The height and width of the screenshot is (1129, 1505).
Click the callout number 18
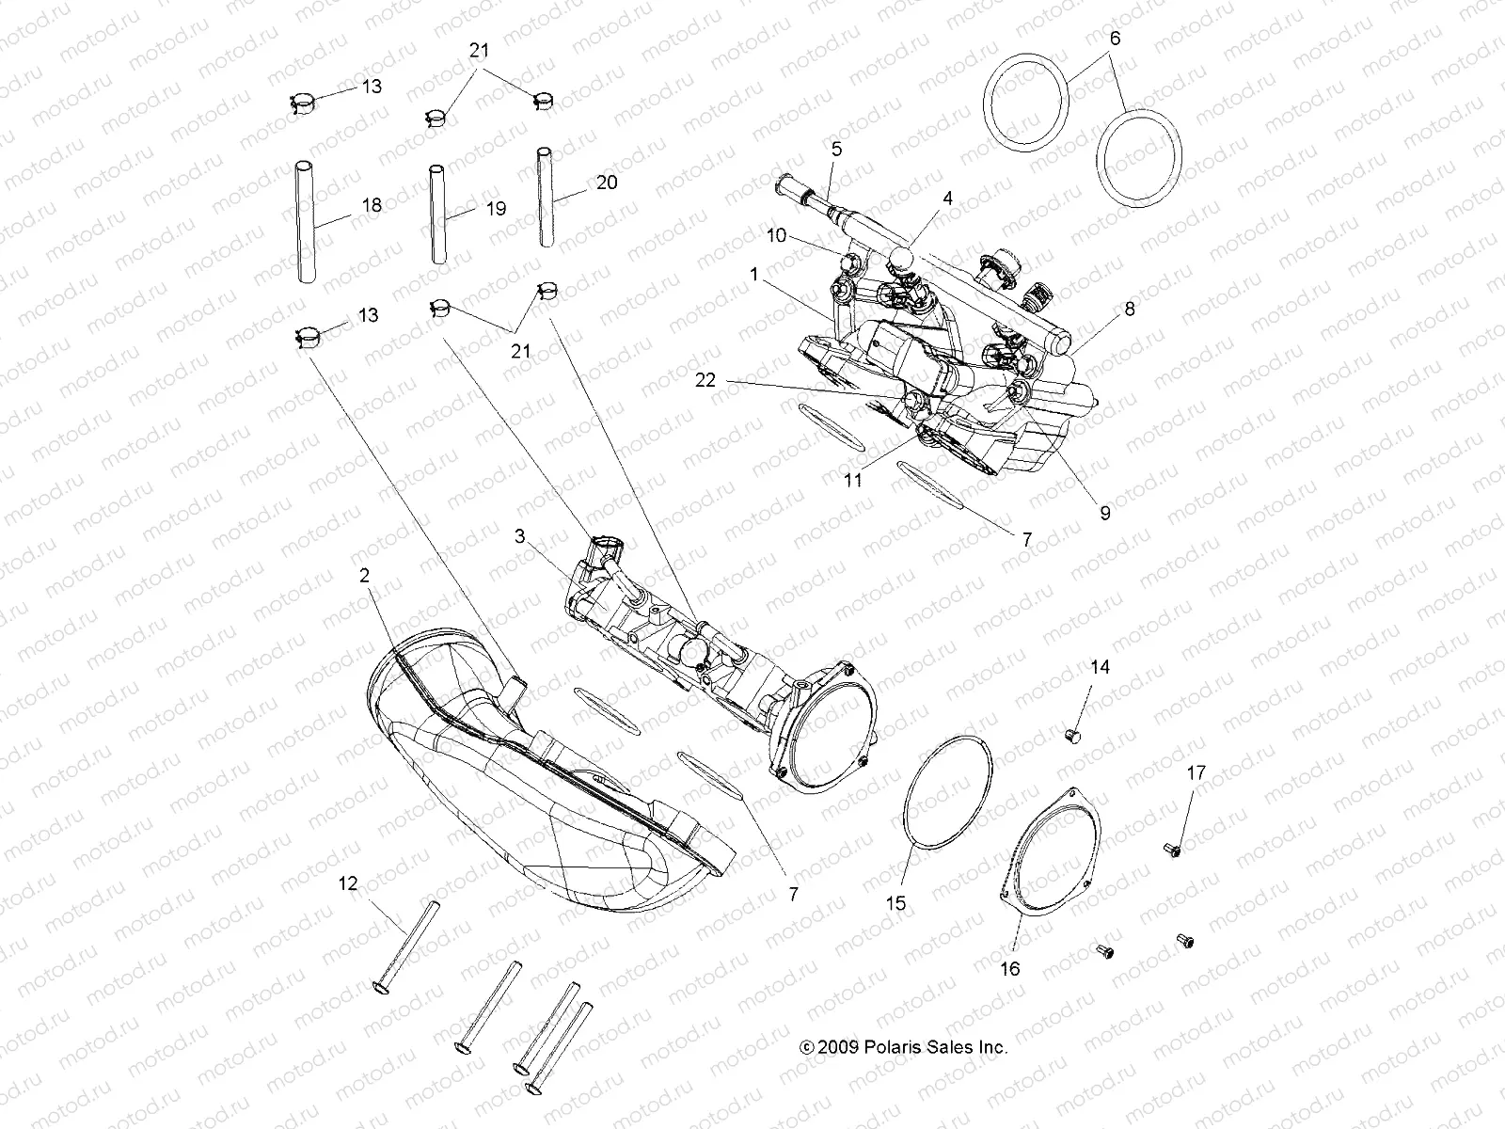point(372,204)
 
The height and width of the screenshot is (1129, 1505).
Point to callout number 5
point(836,149)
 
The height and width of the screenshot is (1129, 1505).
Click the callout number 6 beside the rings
point(1116,39)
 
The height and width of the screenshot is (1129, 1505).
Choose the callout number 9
point(1105,513)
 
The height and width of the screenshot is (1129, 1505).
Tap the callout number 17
point(1196,773)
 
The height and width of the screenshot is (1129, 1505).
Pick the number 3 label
point(519,537)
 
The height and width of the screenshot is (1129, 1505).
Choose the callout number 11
point(853,479)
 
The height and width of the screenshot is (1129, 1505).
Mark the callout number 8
point(1130,308)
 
